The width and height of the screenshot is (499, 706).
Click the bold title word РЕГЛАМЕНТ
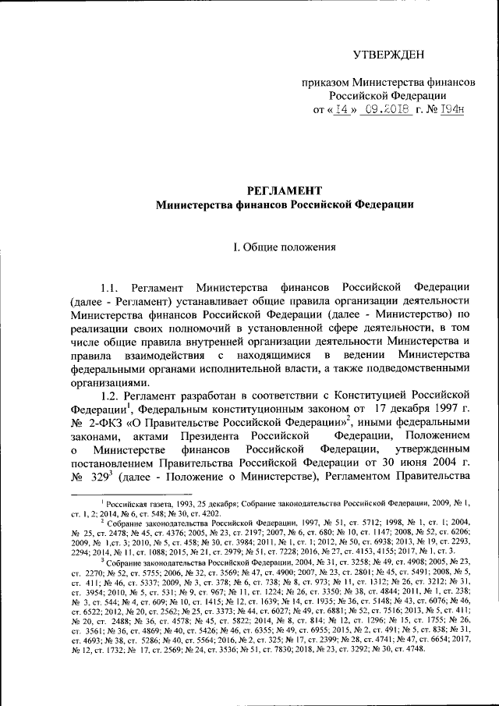click(x=278, y=191)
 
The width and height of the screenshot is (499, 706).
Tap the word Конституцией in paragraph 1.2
click(x=380, y=397)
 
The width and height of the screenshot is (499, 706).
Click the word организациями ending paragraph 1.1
click(x=108, y=383)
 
